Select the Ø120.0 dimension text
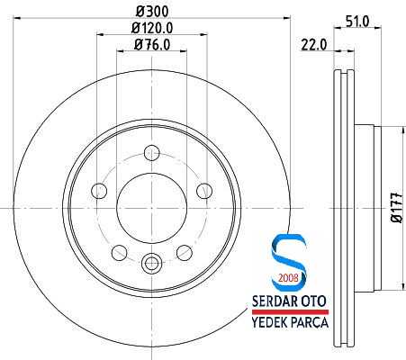click(150, 28)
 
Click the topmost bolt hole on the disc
click(151, 152)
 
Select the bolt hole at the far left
click(99, 190)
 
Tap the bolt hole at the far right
click(203, 190)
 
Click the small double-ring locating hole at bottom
click(151, 264)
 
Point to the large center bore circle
click(151, 207)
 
